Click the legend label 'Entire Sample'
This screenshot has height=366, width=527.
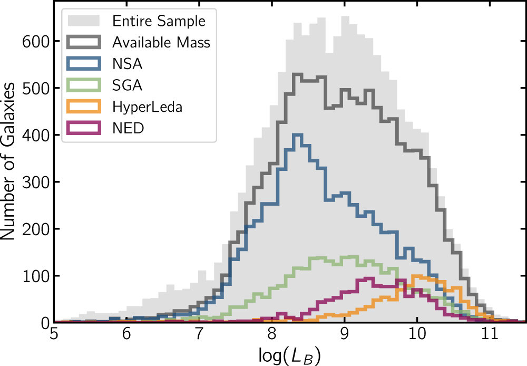pos(159,22)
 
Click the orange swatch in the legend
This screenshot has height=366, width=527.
pos(84,107)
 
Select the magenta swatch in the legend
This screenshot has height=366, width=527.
pos(84,128)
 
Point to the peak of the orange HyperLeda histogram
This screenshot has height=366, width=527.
pos(420,276)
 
